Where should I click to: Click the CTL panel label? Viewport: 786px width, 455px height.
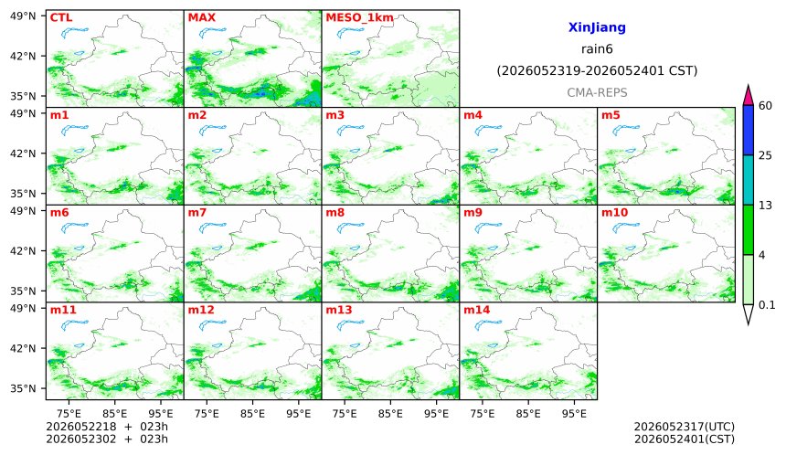61,18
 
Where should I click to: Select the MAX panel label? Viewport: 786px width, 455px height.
201,18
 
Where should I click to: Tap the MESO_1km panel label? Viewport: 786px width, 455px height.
359,18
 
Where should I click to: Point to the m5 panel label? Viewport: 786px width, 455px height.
611,115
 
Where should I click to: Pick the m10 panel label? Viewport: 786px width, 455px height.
614,213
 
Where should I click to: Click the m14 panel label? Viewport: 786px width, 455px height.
476,310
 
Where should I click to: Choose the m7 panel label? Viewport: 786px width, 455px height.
197,213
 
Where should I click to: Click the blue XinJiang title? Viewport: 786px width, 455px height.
597,27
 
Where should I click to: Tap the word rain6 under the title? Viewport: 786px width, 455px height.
597,49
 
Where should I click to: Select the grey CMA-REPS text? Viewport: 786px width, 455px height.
597,92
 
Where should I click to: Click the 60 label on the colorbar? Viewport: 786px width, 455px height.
765,106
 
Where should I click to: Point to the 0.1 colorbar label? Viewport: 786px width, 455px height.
767,304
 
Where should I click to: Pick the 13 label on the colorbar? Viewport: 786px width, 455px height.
765,206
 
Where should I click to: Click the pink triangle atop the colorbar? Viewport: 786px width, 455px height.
748,95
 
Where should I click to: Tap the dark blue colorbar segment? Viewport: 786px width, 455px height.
748,131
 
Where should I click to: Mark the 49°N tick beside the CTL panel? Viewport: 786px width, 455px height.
23,16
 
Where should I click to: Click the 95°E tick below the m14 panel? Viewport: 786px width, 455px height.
575,414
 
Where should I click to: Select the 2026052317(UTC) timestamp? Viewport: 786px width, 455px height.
685,427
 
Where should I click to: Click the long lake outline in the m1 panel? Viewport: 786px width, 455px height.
75,131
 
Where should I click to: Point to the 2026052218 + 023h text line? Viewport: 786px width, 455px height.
107,427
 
